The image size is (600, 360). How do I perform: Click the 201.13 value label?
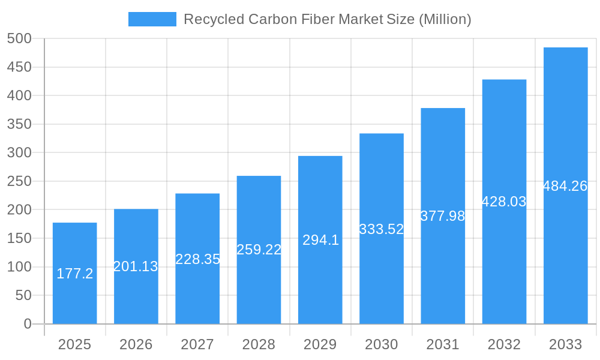coord(136,266)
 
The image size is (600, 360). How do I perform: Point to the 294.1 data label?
coord(320,240)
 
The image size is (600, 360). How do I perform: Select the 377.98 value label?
coord(443,216)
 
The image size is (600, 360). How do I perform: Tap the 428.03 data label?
coord(504,202)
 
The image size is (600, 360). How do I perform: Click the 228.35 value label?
coord(197,259)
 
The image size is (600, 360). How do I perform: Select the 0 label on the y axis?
coord(28,324)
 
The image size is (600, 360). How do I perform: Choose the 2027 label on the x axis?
coord(197,344)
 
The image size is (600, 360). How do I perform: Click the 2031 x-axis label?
coord(443,344)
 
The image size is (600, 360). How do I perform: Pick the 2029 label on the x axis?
coord(320,344)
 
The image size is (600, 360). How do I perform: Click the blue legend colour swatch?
coord(152,19)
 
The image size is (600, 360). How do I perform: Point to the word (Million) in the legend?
coord(445,19)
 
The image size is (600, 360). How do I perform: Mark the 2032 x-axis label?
coord(504,344)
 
